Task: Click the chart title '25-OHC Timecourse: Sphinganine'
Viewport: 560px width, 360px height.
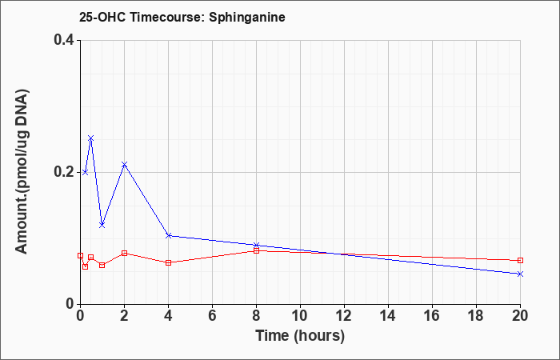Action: coord(182,17)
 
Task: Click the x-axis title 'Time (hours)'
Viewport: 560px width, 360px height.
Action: coord(300,336)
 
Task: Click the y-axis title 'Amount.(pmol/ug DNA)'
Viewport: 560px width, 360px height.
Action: coord(22,172)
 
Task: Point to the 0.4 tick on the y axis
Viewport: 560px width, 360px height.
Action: coord(64,40)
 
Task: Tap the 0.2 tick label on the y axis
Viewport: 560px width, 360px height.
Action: coord(64,172)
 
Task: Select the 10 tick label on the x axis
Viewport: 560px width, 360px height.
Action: coord(300,316)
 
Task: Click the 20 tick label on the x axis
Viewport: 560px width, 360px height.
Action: coord(520,316)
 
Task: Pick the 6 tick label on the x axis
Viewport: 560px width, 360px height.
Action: coord(212,316)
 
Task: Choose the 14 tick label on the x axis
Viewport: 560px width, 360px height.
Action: coord(388,316)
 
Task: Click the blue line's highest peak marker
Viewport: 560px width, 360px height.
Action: coord(90,138)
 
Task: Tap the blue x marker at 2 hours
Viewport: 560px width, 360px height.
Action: coord(124,164)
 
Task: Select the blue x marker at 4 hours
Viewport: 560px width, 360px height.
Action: coord(169,235)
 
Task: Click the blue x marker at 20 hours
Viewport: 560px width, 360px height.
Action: coord(520,274)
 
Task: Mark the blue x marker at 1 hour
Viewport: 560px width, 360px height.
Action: coord(102,225)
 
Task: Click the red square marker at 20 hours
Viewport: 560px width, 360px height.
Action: coord(520,260)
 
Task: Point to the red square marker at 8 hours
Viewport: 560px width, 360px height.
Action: coord(256,250)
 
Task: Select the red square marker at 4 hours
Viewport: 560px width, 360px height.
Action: coord(169,263)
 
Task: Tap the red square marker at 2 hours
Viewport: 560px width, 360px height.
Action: coord(124,254)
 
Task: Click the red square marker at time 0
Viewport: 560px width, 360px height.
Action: coord(80,256)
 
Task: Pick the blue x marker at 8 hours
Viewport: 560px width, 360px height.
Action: coord(256,246)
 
